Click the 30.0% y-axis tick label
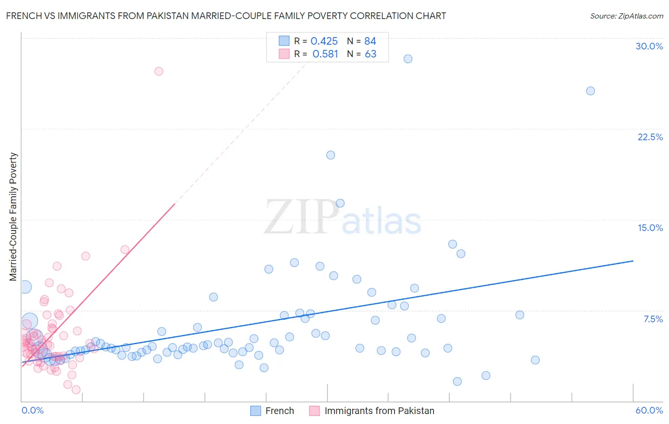pyautogui.click(x=649, y=46)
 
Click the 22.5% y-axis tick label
pyautogui.click(x=650, y=137)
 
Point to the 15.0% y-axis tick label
pyautogui.click(x=650, y=228)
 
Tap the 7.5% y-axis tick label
pyautogui.click(x=653, y=319)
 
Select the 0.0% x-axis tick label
pyautogui.click(x=32, y=410)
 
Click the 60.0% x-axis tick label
pyautogui.click(x=649, y=410)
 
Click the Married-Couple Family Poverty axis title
pyautogui.click(x=13, y=217)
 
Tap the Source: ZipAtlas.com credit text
pyautogui.click(x=626, y=16)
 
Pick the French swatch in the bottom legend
pyautogui.click(x=256, y=411)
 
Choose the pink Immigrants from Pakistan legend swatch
pyautogui.click(x=315, y=411)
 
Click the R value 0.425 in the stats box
pyautogui.click(x=324, y=41)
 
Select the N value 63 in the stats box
pyautogui.click(x=370, y=54)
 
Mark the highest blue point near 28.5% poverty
pyautogui.click(x=408, y=59)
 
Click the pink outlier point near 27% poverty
pyautogui.click(x=159, y=71)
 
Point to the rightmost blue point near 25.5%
pyautogui.click(x=590, y=91)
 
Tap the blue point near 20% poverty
pyautogui.click(x=331, y=155)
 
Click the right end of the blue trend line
pyautogui.click(x=633, y=261)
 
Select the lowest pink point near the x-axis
pyautogui.click(x=76, y=390)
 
